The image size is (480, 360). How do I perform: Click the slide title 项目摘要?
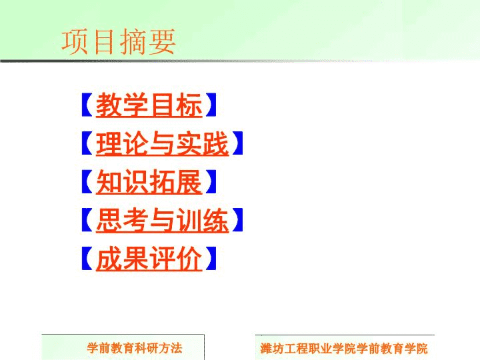(x=119, y=41)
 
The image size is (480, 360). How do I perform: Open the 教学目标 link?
(x=149, y=105)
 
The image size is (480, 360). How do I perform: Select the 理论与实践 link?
(x=162, y=143)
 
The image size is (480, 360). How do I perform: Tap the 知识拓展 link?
(x=149, y=182)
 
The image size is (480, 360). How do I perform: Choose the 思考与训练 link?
(x=162, y=220)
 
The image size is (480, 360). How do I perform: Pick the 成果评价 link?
(x=149, y=259)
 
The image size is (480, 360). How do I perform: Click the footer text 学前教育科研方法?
(x=135, y=348)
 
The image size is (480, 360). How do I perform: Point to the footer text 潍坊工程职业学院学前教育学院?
(x=344, y=349)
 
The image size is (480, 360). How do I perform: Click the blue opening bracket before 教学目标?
(x=87, y=105)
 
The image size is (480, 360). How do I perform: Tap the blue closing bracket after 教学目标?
(x=211, y=105)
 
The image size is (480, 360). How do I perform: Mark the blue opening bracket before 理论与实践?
(x=87, y=143)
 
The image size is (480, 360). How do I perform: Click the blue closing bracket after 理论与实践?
(x=237, y=143)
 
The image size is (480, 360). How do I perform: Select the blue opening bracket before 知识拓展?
(x=87, y=181)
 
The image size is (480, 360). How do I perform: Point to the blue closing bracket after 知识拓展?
(x=211, y=181)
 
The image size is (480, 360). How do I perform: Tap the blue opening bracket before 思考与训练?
(x=87, y=220)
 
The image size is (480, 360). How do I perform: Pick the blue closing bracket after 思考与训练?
(x=237, y=220)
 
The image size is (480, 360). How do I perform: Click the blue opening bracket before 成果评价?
(x=87, y=259)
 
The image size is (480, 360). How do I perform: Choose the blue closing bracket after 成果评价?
(x=211, y=259)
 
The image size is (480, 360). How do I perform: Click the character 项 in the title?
(x=75, y=41)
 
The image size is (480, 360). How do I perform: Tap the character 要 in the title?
(x=162, y=41)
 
